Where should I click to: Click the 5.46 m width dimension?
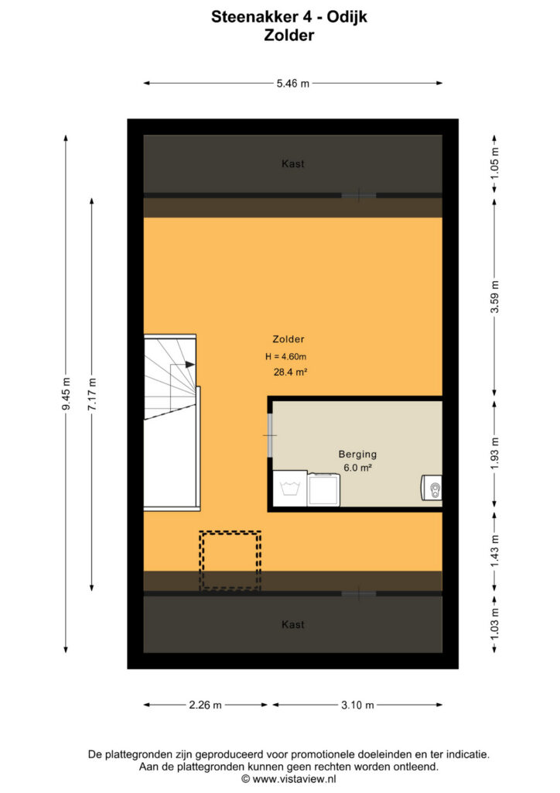(x=293, y=84)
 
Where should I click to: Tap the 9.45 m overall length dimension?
(x=67, y=394)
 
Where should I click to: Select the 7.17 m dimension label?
(x=92, y=394)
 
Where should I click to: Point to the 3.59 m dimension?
(x=495, y=297)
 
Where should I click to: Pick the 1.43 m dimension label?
(x=495, y=551)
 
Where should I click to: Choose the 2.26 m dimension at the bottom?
(x=206, y=705)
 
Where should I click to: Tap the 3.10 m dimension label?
(x=357, y=705)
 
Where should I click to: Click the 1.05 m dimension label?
(x=495, y=163)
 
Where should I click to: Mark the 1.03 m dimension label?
(x=495, y=624)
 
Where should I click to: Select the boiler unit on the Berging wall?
(x=432, y=488)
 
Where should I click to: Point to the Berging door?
(x=270, y=435)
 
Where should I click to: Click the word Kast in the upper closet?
(x=293, y=164)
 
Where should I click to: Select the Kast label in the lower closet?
(x=293, y=625)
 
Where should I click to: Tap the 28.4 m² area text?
(x=290, y=372)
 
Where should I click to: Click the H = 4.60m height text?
(x=286, y=356)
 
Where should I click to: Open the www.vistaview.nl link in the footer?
(x=294, y=779)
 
